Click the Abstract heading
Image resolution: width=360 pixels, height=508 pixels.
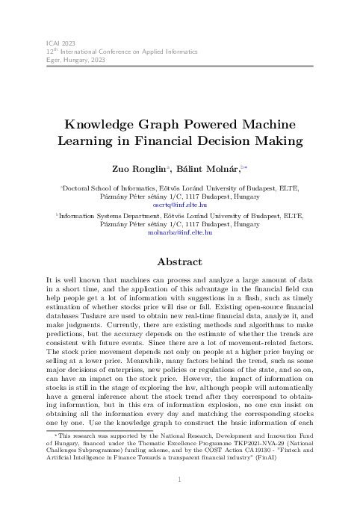[x=180, y=263]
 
